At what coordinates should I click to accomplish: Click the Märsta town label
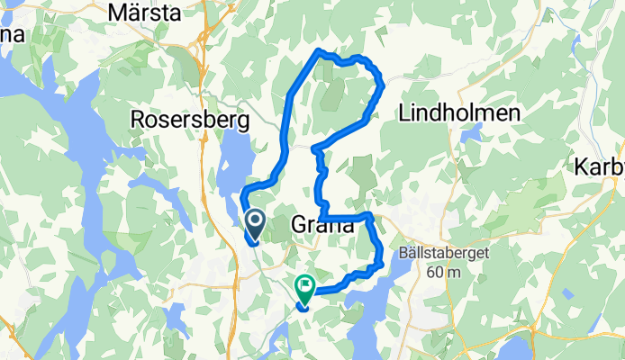click(x=143, y=13)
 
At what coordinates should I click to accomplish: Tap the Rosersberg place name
click(x=190, y=119)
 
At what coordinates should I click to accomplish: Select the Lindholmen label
click(x=459, y=114)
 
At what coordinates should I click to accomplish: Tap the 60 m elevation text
click(x=448, y=272)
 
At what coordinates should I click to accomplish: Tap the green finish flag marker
click(x=304, y=289)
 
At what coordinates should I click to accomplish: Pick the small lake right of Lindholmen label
click(x=470, y=135)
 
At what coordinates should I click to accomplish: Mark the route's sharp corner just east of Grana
click(x=369, y=215)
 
